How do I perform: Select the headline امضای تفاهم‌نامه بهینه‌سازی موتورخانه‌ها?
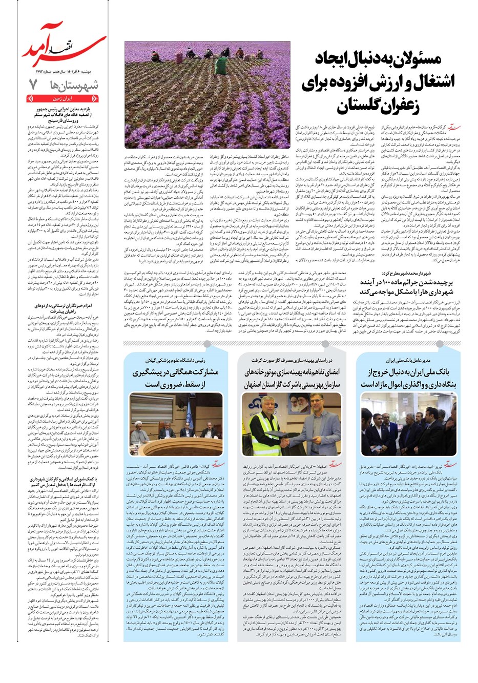pyautogui.click(x=292, y=378)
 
